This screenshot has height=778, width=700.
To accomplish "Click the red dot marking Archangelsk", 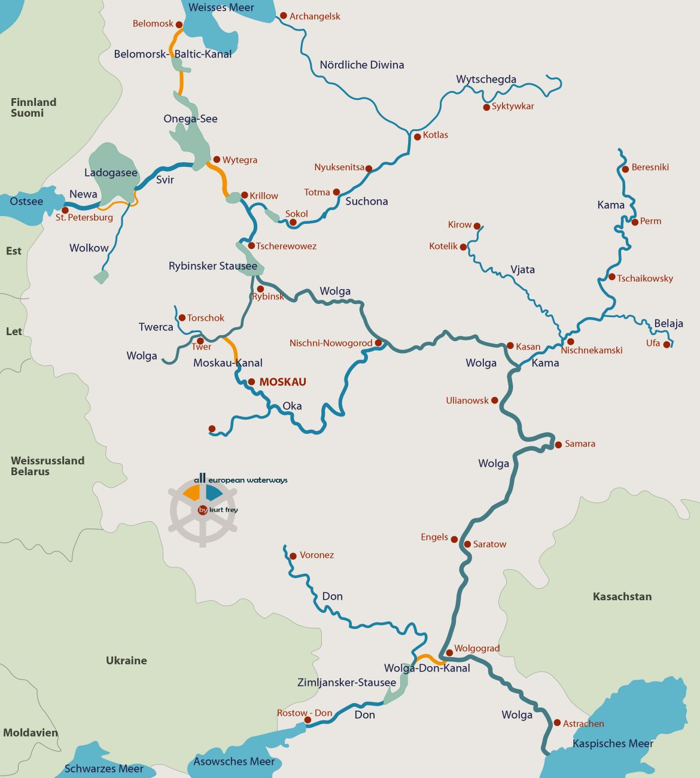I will [284, 16].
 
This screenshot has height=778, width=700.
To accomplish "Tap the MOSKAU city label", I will [282, 382].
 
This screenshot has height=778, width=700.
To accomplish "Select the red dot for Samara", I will [558, 444].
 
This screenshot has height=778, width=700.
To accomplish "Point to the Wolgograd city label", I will [477, 648].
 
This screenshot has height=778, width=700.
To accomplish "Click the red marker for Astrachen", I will [557, 723].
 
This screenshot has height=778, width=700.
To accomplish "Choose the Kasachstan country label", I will [622, 596].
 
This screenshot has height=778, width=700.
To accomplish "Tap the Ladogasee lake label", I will [111, 173].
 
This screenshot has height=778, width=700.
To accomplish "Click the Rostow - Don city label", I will [304, 713].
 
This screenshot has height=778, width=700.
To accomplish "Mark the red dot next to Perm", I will [635, 222].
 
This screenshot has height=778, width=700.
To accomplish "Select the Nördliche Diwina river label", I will [361, 65].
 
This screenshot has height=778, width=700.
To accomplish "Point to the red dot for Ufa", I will [667, 344].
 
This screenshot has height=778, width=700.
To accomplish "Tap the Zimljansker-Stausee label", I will [346, 682].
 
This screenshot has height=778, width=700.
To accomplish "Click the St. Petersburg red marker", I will [65, 210].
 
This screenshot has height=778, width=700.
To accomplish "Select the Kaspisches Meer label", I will [613, 743].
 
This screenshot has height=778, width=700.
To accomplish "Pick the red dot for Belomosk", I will [179, 25].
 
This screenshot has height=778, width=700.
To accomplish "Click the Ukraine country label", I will [126, 660].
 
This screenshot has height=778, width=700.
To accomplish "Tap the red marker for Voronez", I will [293, 556].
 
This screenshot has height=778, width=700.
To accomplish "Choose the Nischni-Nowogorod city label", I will [331, 343].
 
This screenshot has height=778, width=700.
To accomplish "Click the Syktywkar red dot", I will [486, 107].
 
